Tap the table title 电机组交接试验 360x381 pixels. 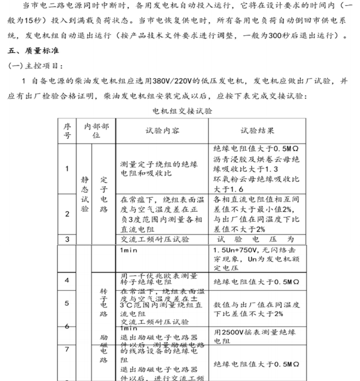pos(182,111)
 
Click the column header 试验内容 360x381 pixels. pos(162,131)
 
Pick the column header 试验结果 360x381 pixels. pos(257,131)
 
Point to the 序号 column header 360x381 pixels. pos(67,131)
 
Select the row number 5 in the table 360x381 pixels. pos(67,303)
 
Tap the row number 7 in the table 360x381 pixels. pos(67,349)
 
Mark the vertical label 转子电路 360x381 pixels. pos(104,303)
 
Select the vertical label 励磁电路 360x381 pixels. pos(104,349)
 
